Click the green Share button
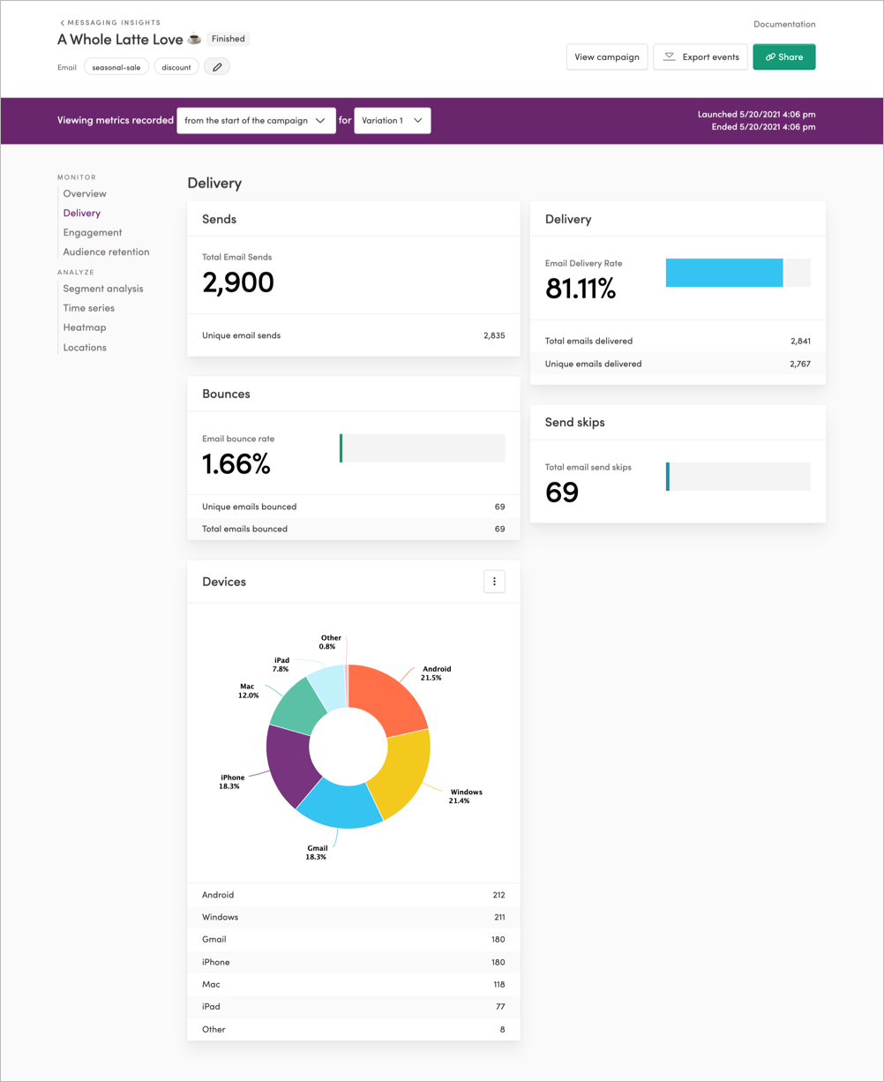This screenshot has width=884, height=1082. point(783,57)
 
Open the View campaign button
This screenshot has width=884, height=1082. point(607,57)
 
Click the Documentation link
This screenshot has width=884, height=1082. point(784,25)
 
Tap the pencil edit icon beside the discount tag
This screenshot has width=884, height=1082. point(217,67)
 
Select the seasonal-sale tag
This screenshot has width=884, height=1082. point(116,67)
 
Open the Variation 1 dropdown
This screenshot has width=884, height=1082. point(393,121)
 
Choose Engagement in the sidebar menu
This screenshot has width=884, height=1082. point(93,233)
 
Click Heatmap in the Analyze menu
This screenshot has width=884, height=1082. point(85,327)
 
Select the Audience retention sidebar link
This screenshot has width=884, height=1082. point(106,252)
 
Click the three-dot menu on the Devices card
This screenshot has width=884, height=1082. point(494,582)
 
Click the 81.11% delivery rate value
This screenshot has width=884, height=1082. point(581,289)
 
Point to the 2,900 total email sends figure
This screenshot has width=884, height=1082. point(238,282)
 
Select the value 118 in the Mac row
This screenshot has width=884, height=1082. point(498,984)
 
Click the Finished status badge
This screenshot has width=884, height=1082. point(228,39)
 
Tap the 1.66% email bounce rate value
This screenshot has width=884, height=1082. point(236,464)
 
